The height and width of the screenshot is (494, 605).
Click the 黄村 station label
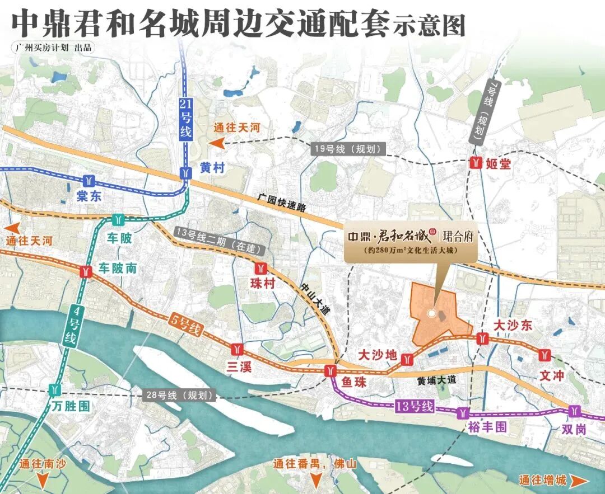(x=213, y=166)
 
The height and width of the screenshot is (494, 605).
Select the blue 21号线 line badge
(x=185, y=118)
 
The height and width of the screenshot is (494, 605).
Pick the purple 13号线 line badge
(x=414, y=407)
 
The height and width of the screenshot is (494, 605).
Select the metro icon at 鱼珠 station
(x=332, y=370)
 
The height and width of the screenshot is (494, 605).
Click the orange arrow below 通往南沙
(x=43, y=481)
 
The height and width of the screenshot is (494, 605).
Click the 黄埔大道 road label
(x=438, y=380)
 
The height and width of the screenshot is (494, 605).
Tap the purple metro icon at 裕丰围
(x=463, y=413)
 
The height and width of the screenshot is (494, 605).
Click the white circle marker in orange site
(x=431, y=313)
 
